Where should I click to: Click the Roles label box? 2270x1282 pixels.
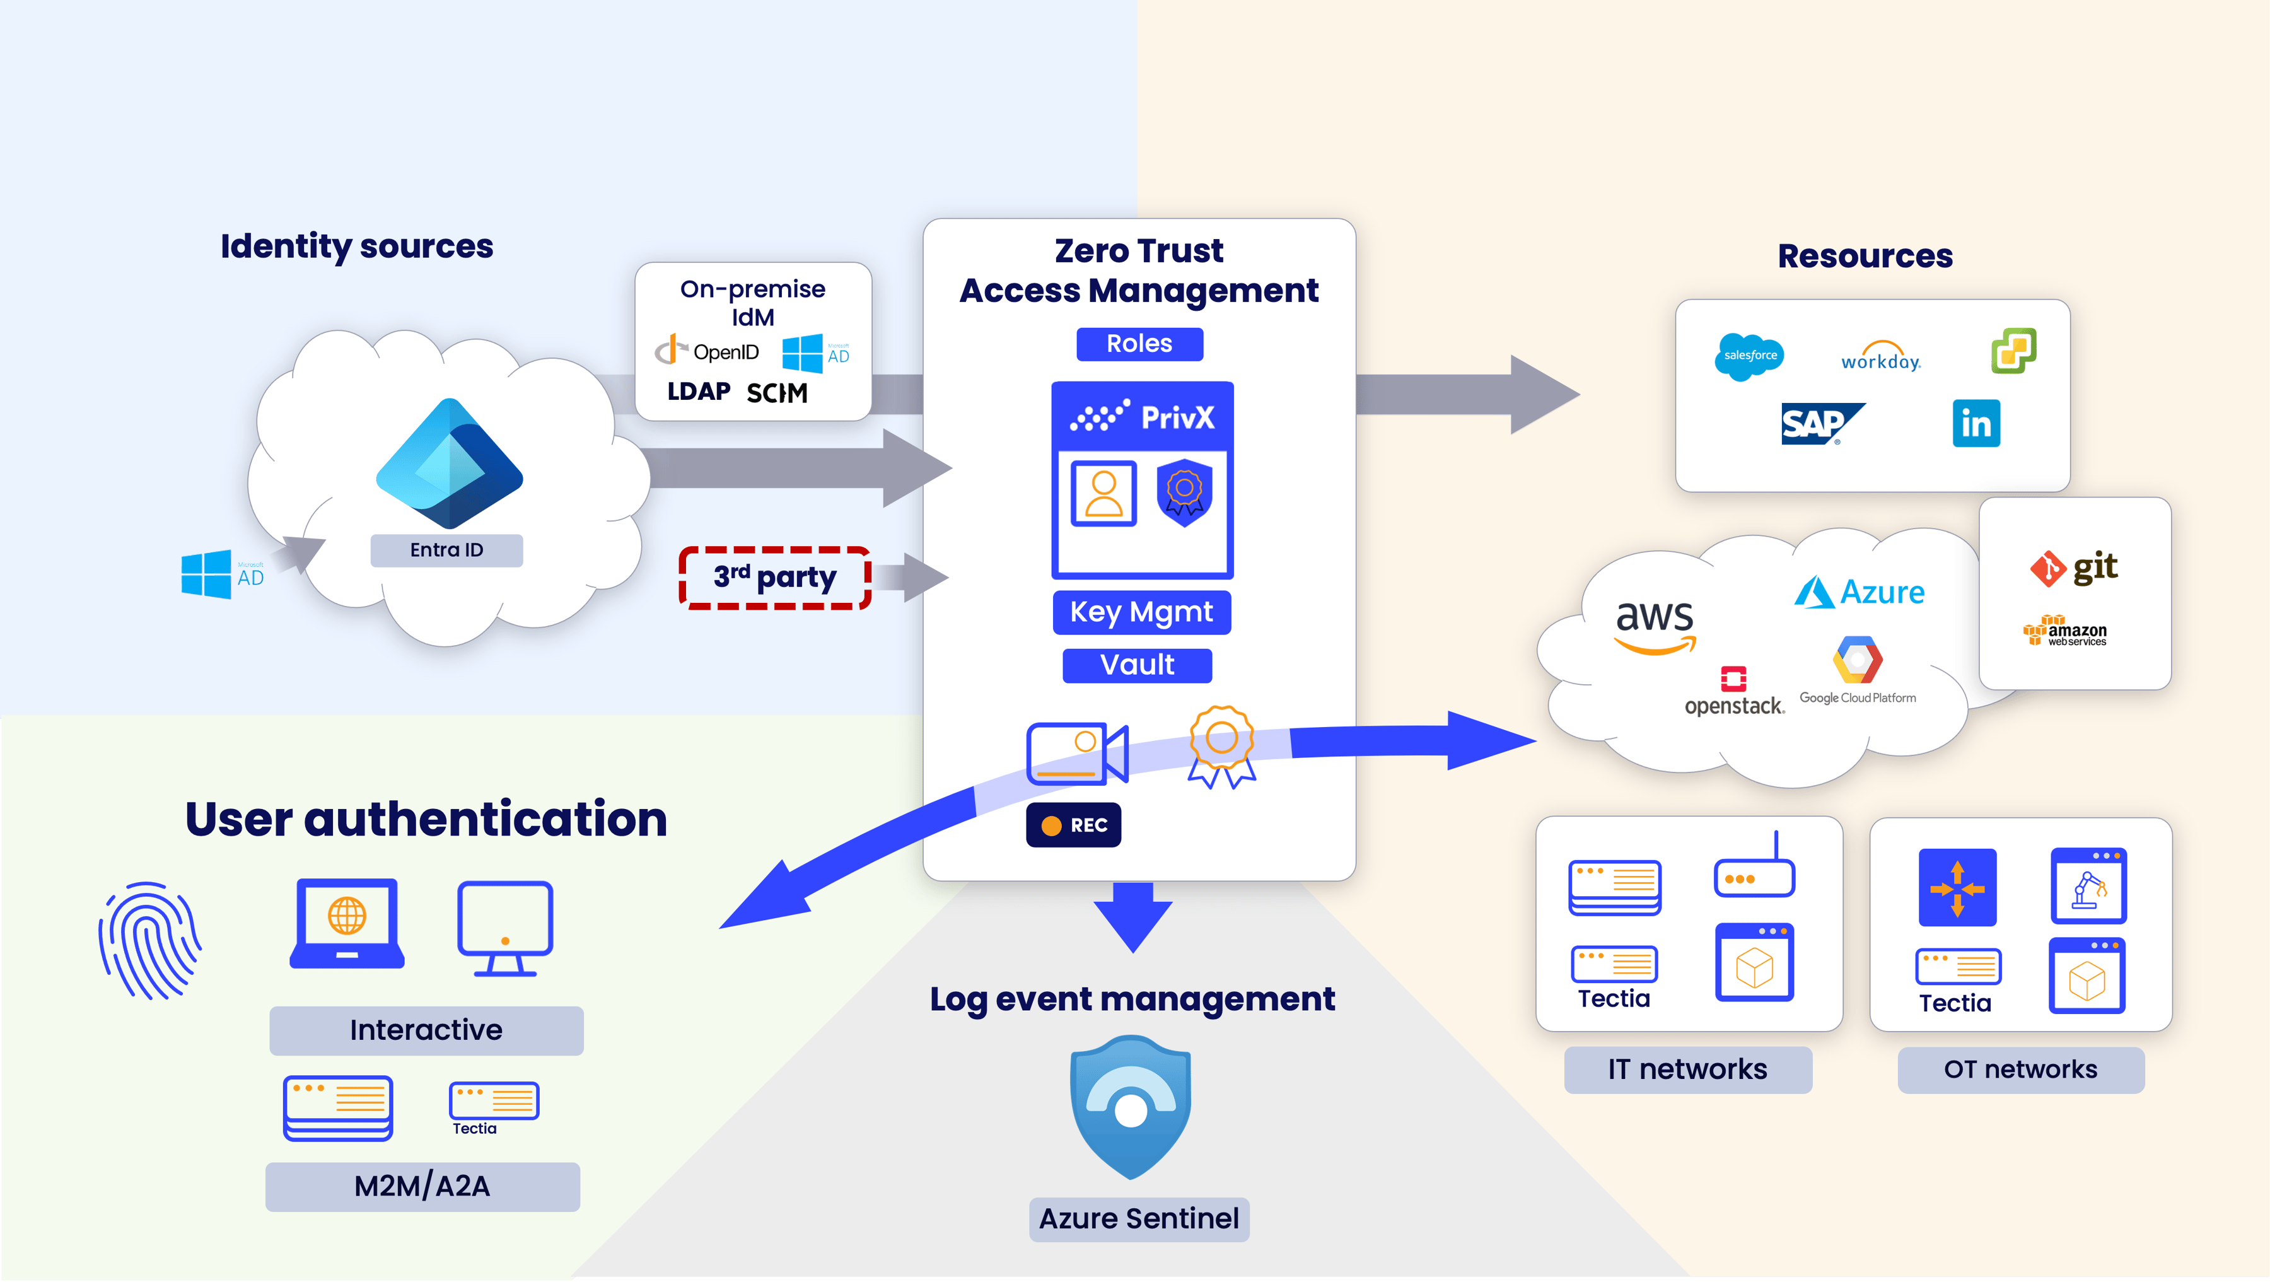click(x=1139, y=344)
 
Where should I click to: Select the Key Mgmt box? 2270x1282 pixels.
click(x=1141, y=612)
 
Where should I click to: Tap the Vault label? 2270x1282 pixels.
click(x=1137, y=665)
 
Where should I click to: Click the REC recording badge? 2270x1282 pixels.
click(x=1073, y=825)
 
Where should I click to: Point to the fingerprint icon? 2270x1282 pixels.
click(x=150, y=940)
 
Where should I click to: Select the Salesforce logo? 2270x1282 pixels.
click(x=1749, y=356)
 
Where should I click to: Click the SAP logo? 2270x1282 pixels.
click(x=1820, y=424)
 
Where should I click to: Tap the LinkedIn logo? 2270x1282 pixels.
click(x=1976, y=424)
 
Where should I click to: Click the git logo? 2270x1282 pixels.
click(x=2073, y=568)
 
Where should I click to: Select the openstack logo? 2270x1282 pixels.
click(x=1733, y=692)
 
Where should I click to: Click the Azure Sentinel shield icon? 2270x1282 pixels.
click(x=1131, y=1107)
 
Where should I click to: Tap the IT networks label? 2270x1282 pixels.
click(x=1687, y=1069)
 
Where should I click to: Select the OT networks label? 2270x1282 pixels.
click(x=2021, y=1069)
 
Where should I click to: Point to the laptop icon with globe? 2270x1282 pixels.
click(x=347, y=923)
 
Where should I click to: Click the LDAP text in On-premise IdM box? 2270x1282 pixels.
click(x=699, y=391)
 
